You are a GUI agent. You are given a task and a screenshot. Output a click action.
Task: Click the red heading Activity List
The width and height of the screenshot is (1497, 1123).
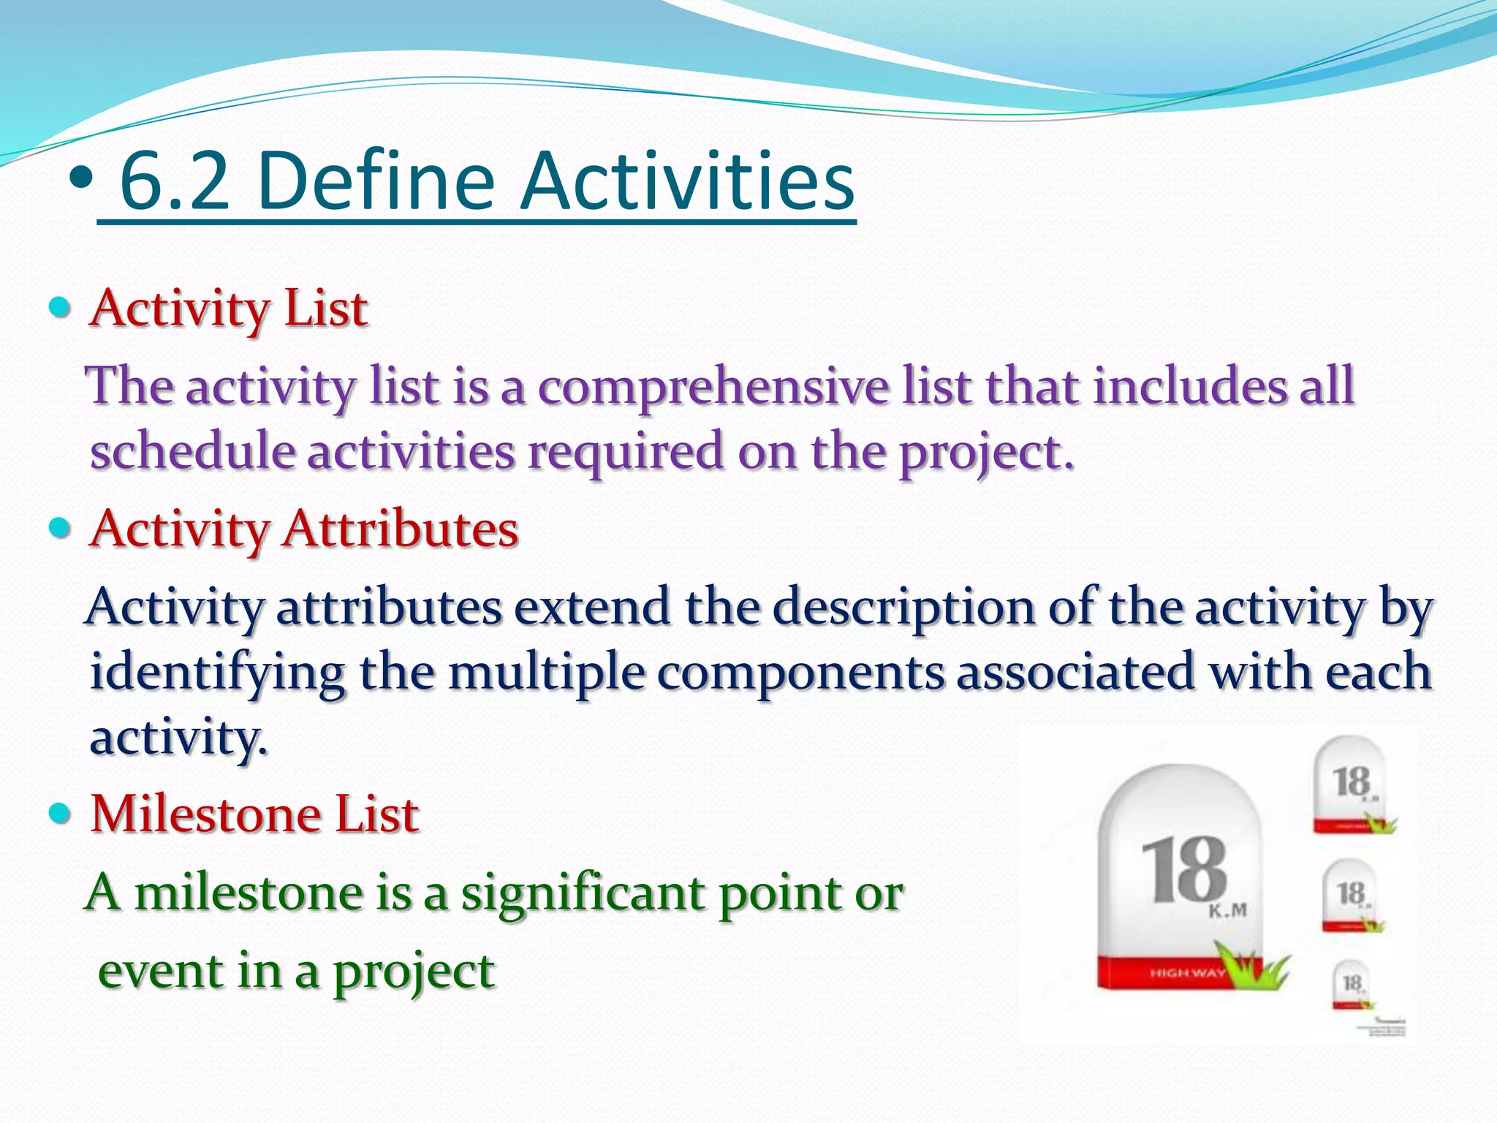pos(228,309)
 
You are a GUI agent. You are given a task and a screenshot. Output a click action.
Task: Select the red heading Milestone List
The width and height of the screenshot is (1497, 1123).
pos(254,814)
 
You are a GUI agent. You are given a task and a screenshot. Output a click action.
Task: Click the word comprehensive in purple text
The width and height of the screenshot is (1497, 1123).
pos(713,386)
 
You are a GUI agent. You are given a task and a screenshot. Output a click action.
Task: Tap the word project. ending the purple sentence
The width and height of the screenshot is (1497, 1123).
pos(987,452)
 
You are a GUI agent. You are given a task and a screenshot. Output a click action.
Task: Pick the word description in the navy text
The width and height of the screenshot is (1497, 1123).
pos(903,607)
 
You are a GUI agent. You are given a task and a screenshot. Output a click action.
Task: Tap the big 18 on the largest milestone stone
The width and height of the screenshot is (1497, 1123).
pos(1184,870)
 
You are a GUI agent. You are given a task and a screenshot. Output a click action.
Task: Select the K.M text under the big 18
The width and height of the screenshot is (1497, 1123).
pos(1227,911)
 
